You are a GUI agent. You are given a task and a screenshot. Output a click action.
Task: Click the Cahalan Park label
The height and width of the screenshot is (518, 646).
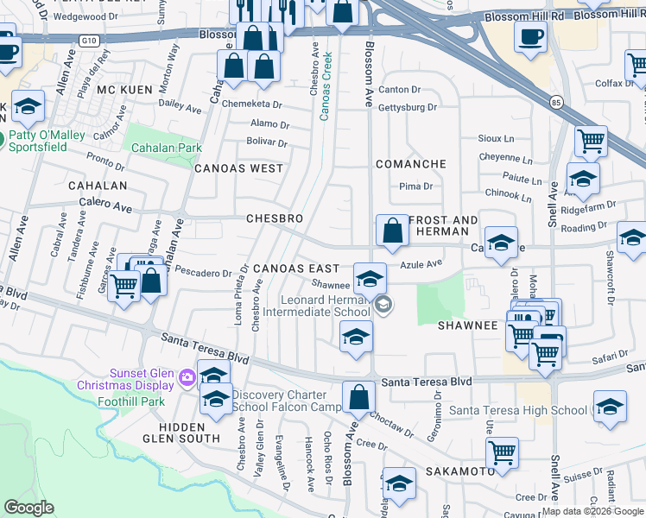167,148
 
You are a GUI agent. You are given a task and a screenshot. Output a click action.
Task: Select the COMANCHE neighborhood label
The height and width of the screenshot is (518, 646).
410,164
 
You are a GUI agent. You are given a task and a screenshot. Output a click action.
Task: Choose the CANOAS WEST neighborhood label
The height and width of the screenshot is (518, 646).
238,168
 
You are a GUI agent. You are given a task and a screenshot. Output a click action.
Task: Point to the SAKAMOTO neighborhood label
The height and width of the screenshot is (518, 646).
459,471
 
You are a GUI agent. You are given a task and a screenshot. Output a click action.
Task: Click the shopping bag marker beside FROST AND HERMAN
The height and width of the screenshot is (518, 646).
392,231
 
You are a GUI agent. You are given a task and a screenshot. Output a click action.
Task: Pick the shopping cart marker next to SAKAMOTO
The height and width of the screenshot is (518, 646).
502,452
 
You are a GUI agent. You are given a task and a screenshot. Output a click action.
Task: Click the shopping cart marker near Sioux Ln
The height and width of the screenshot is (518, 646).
591,140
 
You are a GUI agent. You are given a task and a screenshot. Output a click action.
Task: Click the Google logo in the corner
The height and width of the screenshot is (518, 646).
29,508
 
